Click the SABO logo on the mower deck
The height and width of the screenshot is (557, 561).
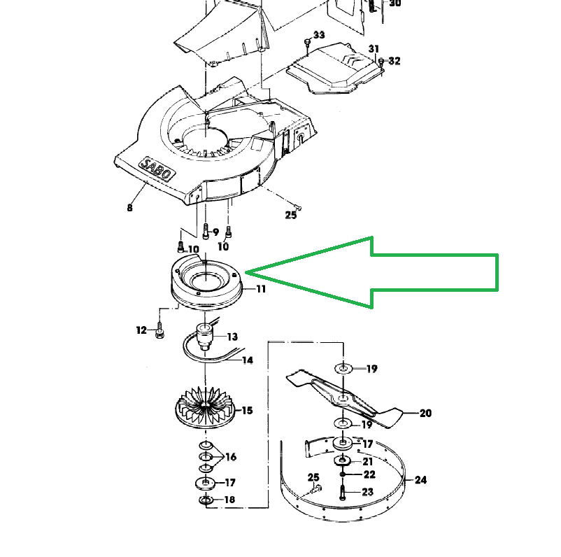(157, 169)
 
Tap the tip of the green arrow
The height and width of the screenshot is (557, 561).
(246, 273)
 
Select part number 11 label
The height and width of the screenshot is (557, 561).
(261, 289)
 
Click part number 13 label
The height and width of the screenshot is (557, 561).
(232, 337)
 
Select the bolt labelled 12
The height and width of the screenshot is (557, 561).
(159, 330)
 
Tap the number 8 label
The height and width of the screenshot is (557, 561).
(129, 208)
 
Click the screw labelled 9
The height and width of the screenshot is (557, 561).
(206, 231)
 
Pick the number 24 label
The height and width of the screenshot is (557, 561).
(420, 480)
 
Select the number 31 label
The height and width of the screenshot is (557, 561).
(374, 49)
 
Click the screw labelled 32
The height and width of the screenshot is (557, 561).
(381, 61)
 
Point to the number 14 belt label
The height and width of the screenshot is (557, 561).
(248, 360)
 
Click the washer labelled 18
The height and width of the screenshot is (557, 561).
(206, 500)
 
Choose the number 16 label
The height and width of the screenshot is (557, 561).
(231, 457)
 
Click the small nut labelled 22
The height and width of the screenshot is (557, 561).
(342, 474)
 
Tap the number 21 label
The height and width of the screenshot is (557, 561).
(367, 462)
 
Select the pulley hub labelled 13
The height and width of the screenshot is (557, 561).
(204, 336)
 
